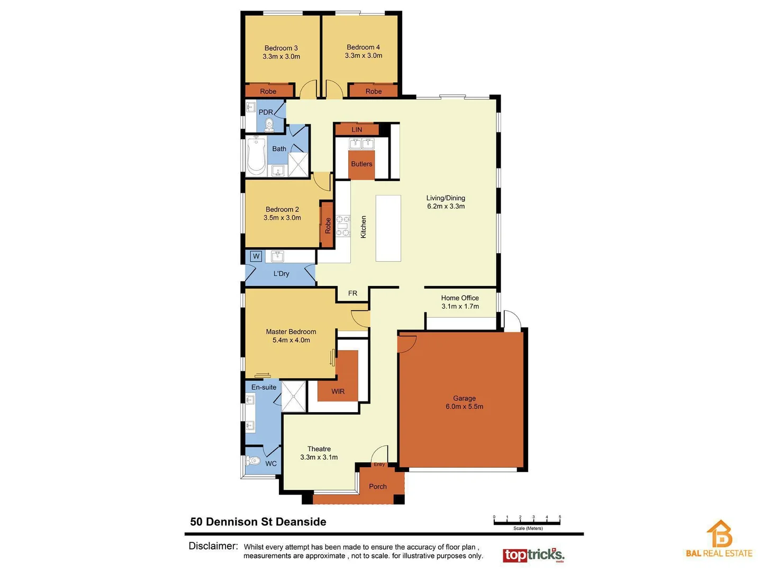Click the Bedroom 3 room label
pyautogui.click(x=281, y=48)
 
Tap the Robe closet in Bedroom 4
pyautogui.click(x=373, y=91)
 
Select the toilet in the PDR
pyautogui.click(x=269, y=124)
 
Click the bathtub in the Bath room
pyautogui.click(x=256, y=156)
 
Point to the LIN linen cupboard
pyautogui.click(x=357, y=129)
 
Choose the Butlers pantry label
pyautogui.click(x=361, y=164)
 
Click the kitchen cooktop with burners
pyautogui.click(x=343, y=226)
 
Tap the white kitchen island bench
pyautogui.click(x=388, y=228)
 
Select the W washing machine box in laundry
pyautogui.click(x=256, y=256)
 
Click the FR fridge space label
pyautogui.click(x=352, y=293)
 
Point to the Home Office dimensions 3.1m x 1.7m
pyautogui.click(x=460, y=307)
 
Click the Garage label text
pyautogui.click(x=464, y=398)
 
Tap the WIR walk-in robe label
pyautogui.click(x=338, y=391)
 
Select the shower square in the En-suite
pyautogui.click(x=294, y=396)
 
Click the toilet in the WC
pyautogui.click(x=253, y=460)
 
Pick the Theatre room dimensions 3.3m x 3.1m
pyautogui.click(x=319, y=457)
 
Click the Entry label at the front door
pyautogui.click(x=379, y=464)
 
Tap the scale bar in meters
pyautogui.click(x=527, y=522)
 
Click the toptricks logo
pyautogui.click(x=533, y=555)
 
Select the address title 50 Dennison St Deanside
pyautogui.click(x=258, y=522)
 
